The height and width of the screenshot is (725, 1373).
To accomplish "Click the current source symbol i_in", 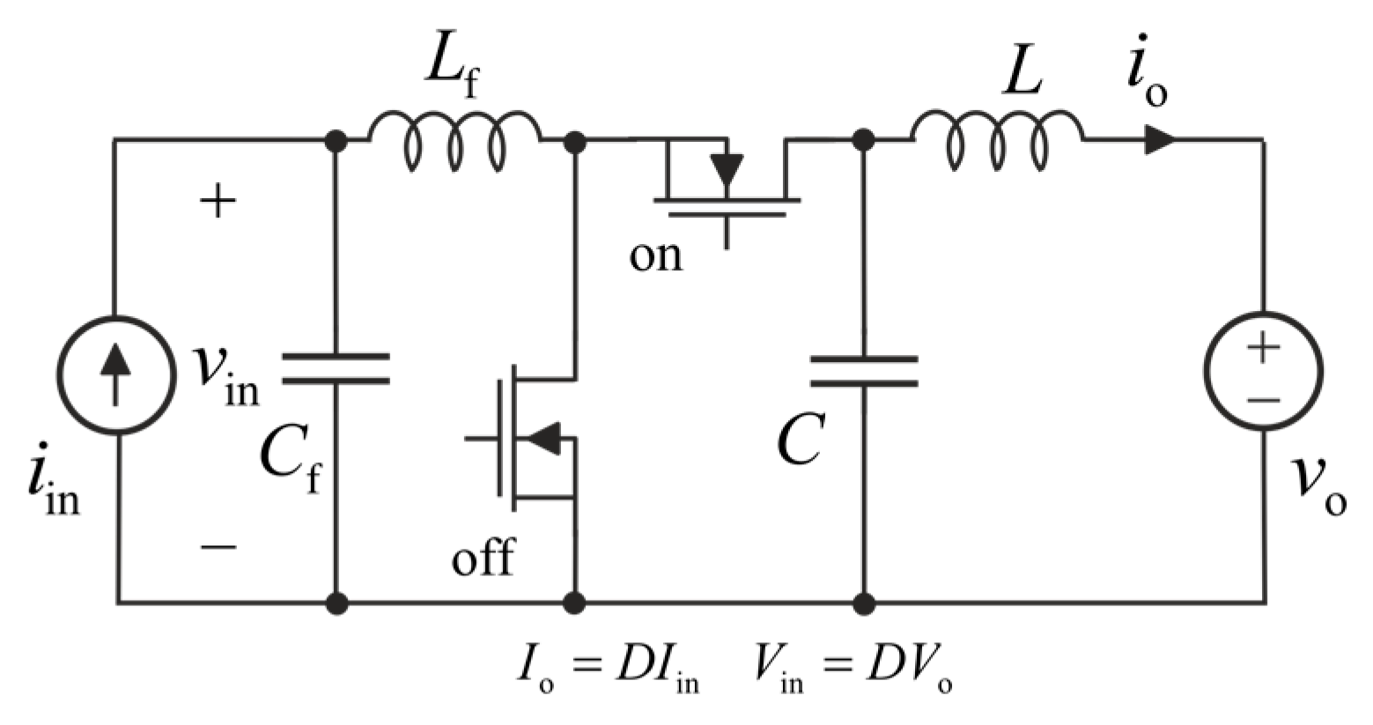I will pyautogui.click(x=114, y=374).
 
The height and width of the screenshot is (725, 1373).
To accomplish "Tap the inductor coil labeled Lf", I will pyautogui.click(x=454, y=141).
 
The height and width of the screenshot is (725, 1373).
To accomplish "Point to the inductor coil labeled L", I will pyautogui.click(x=997, y=141).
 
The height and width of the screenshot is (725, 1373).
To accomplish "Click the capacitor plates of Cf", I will pyautogui.click(x=336, y=368).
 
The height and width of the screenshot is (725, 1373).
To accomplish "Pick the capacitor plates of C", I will pyautogui.click(x=864, y=371).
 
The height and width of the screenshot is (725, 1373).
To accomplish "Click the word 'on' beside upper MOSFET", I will pyautogui.click(x=655, y=255).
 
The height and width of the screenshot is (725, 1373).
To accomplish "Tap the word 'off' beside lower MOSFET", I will pyautogui.click(x=483, y=558).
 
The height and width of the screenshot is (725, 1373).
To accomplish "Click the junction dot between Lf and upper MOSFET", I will pyautogui.click(x=574, y=140).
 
